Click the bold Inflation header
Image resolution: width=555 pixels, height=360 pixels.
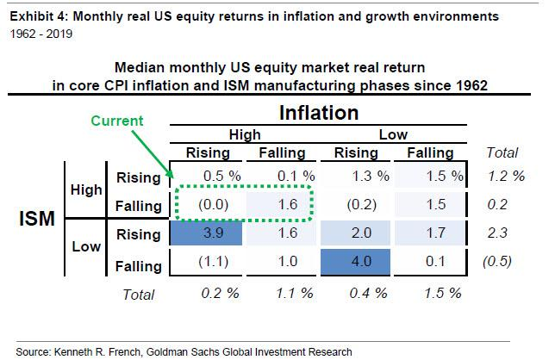[318, 113]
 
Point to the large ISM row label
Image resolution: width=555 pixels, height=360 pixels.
[38, 220]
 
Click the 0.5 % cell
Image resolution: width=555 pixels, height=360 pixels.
[207, 178]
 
